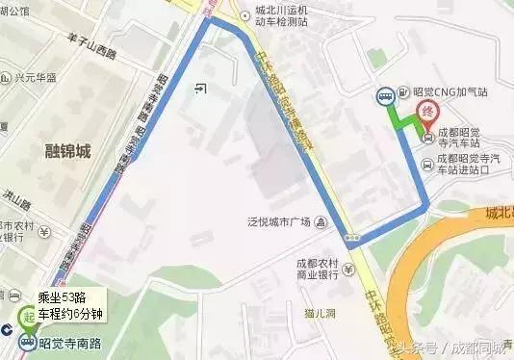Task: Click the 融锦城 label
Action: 67,151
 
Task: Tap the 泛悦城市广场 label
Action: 279,223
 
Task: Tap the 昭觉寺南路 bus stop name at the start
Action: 75,340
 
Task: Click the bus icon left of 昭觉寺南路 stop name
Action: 28,340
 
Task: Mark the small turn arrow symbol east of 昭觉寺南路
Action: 198,90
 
